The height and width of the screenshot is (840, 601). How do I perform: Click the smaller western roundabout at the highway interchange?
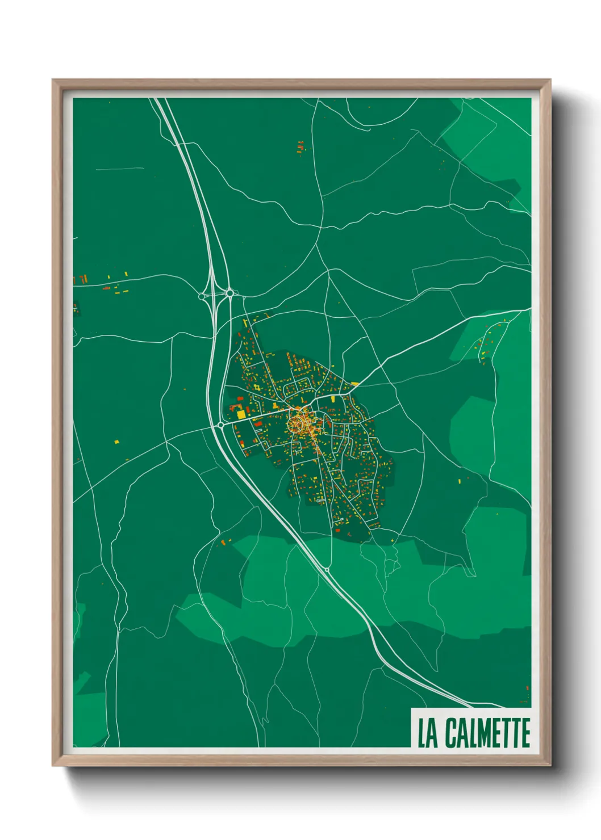coord(202,296)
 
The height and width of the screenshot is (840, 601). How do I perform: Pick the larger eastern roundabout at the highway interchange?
coord(229,293)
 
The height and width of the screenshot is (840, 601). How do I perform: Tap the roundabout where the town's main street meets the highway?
coord(220,425)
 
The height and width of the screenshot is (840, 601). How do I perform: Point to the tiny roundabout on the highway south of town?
coord(327,569)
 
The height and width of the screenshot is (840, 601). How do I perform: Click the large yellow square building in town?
coord(241,414)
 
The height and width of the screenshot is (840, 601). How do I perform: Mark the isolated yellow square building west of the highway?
coord(116,441)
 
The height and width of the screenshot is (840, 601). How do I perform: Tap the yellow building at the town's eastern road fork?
coord(355,384)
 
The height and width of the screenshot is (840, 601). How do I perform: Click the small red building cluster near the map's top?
coord(300,147)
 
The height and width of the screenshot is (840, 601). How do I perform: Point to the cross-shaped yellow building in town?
coord(256,388)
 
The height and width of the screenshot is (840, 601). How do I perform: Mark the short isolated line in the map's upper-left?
coord(120,169)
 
